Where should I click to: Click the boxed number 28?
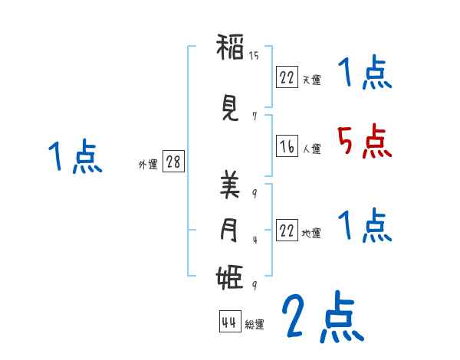click(x=172, y=162)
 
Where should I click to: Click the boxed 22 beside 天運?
click(x=287, y=77)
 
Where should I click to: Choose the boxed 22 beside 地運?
click(x=287, y=231)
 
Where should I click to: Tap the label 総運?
click(x=255, y=325)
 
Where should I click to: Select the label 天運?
click(x=312, y=80)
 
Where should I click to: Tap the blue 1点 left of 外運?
click(x=74, y=157)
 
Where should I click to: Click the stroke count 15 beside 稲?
click(x=255, y=55)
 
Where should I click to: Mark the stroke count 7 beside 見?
click(x=254, y=116)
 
